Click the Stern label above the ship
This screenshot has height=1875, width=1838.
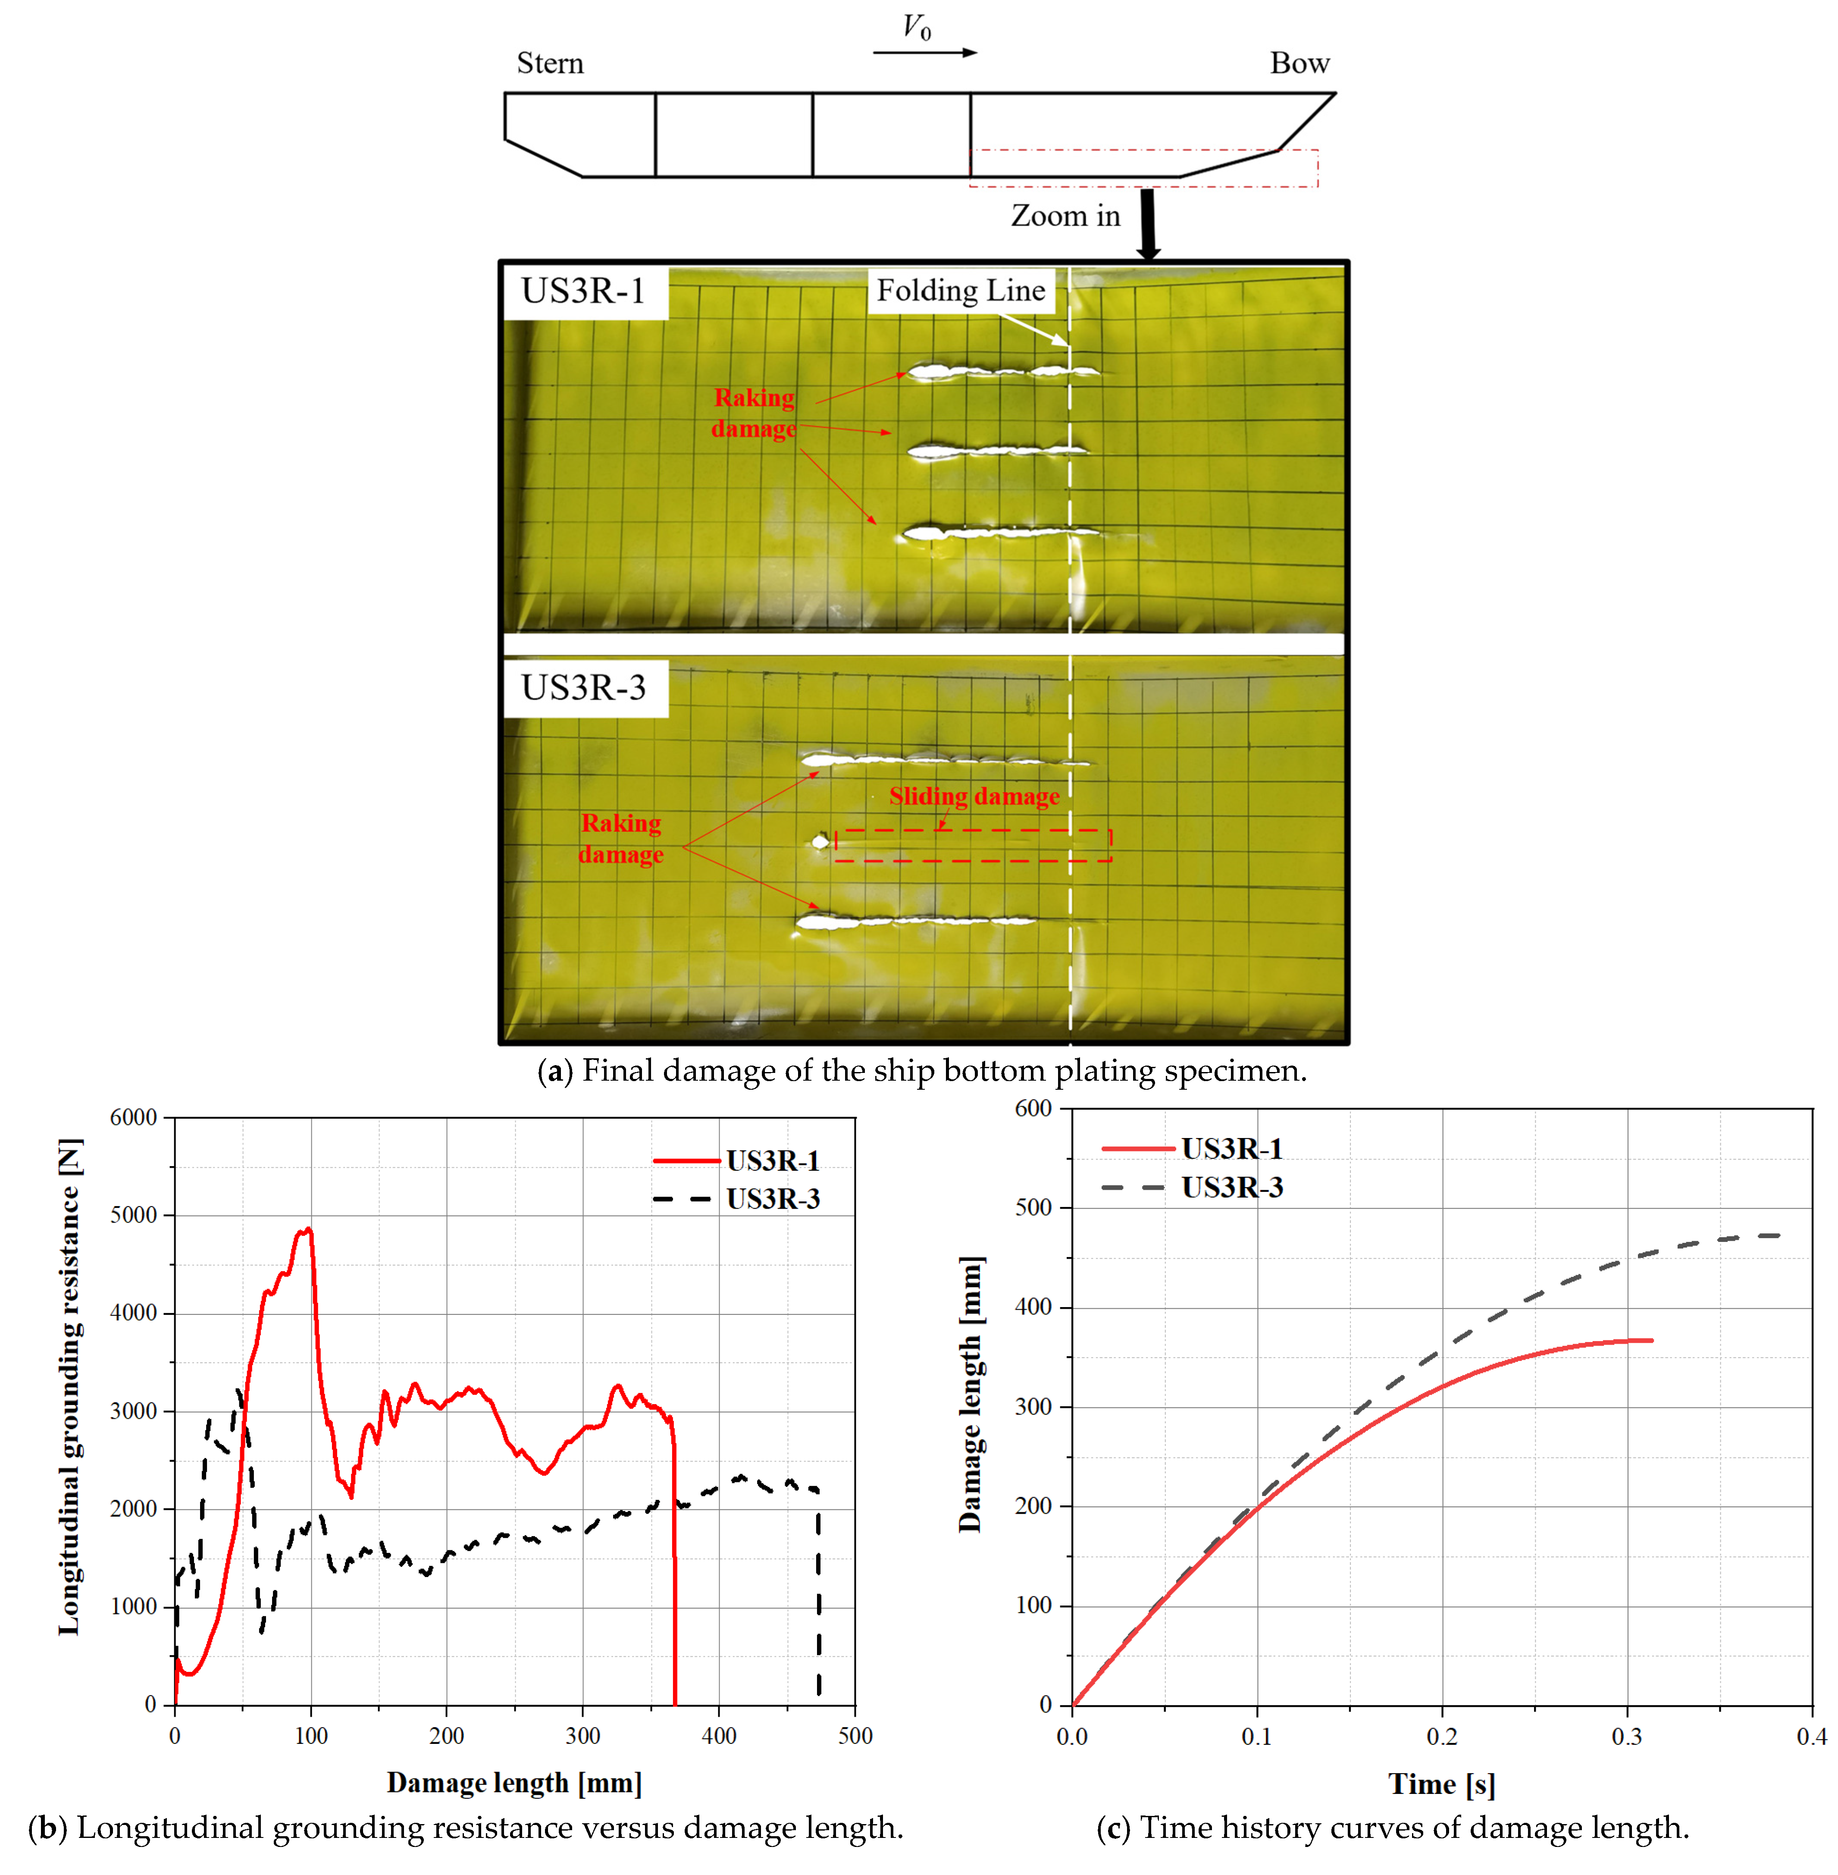coord(550,64)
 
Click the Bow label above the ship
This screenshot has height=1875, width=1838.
coord(1299,64)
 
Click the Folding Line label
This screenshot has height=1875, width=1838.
coord(961,291)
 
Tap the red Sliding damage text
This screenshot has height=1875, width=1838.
coord(974,796)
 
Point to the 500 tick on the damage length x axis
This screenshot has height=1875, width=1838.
coord(855,1736)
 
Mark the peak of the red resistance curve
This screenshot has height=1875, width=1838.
coord(308,1229)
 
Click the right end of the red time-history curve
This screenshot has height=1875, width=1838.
coord(1652,1340)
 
